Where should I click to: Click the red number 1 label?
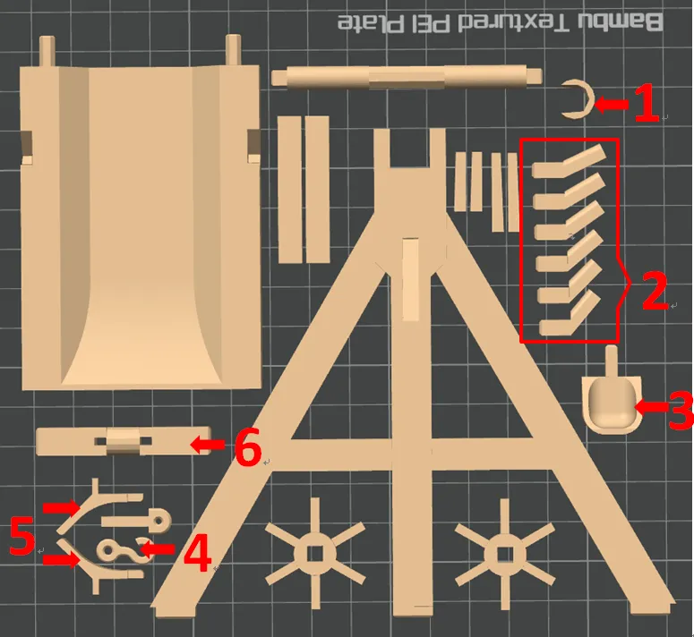coord(647,104)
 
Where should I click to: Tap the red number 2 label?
coord(655,291)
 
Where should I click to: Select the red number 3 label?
coord(681,410)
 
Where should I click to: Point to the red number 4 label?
coord(197,553)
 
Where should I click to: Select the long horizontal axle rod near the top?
coord(407,77)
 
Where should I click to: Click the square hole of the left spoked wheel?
coord(314,555)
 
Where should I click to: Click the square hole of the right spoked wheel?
coord(505,555)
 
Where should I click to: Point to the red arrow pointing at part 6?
coord(208,445)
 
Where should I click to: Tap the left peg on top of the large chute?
coord(47,52)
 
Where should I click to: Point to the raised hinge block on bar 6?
coord(123,441)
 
